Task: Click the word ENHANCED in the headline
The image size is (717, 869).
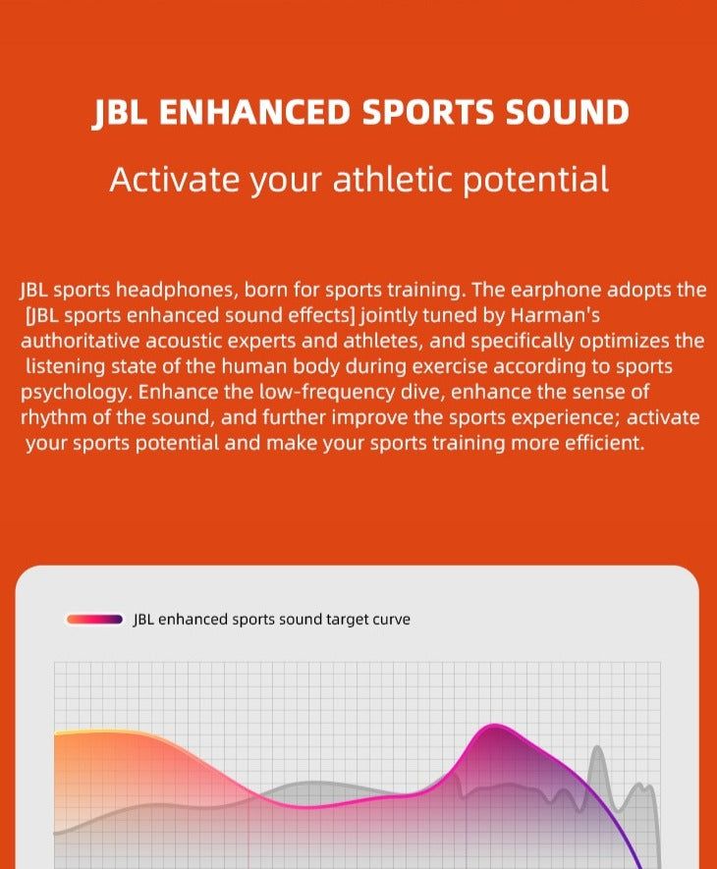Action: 254,112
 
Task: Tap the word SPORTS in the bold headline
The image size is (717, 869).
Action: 427,112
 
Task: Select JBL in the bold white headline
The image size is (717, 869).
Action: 120,113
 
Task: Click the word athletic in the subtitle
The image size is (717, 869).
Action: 393,179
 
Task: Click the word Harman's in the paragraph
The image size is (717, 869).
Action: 555,315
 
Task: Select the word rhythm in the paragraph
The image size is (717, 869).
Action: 53,418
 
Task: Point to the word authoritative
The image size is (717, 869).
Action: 80,342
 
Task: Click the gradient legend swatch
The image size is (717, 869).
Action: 94,619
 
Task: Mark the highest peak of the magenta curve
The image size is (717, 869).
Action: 495,725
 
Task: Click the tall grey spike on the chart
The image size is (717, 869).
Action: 597,748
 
